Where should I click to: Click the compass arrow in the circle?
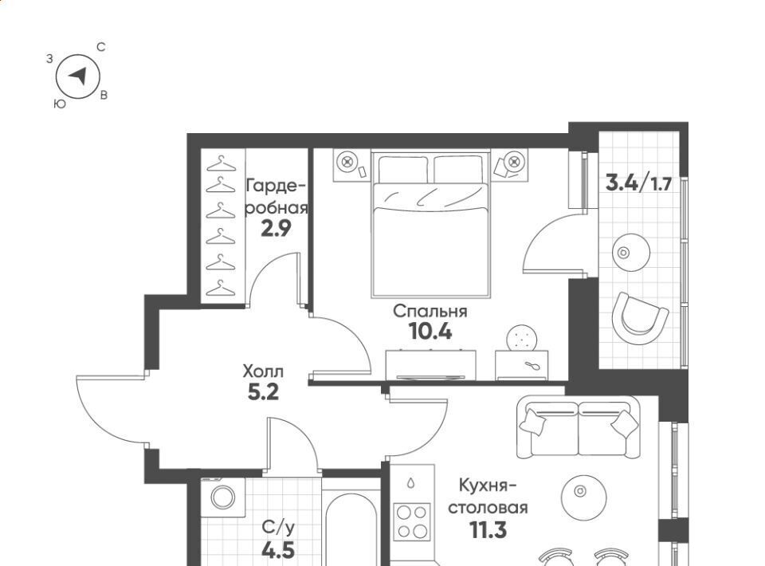(79, 76)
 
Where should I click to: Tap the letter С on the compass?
(101, 47)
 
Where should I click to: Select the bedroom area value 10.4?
(431, 332)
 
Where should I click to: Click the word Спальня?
(430, 311)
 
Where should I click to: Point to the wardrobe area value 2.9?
(277, 228)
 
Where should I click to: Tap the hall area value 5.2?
(264, 391)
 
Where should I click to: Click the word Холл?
(263, 371)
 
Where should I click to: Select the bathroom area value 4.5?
(278, 550)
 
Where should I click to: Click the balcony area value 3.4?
(622, 183)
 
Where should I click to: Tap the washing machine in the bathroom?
(223, 497)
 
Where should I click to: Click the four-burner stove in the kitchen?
(412, 521)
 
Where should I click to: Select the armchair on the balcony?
(640, 318)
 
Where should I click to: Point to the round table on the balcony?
(631, 253)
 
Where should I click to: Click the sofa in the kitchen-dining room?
(579, 427)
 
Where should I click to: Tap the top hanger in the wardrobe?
(221, 164)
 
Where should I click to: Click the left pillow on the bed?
(403, 169)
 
